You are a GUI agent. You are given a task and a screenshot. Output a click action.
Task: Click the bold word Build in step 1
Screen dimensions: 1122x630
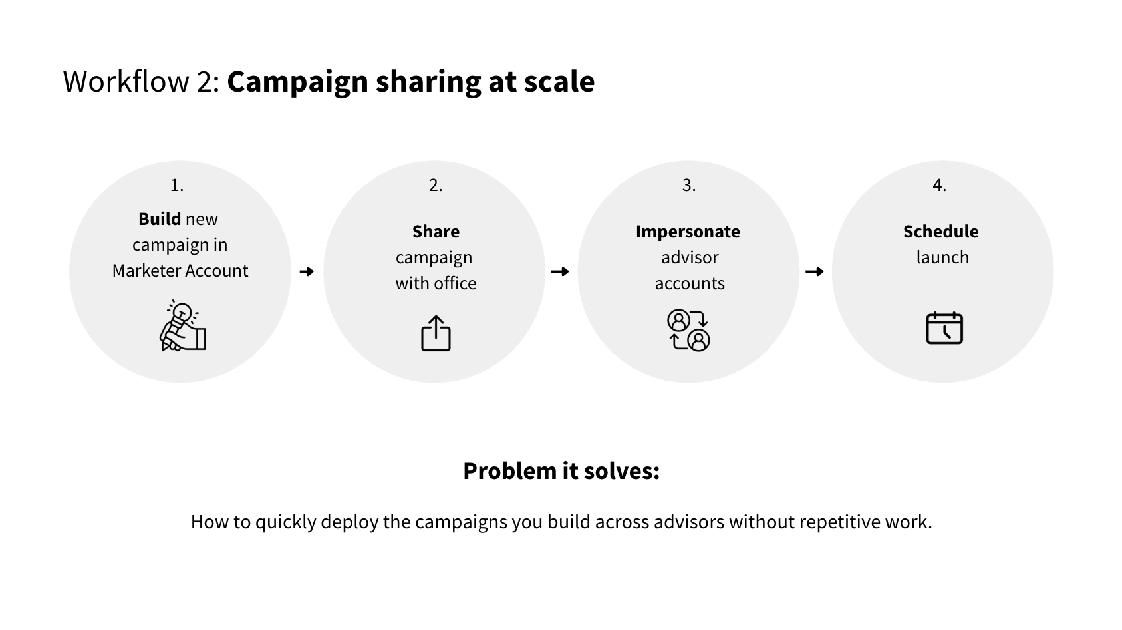pos(159,218)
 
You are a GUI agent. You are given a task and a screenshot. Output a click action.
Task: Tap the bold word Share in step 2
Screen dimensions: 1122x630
pos(436,231)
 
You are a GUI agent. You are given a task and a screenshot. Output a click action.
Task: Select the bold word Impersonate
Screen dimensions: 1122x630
pos(688,232)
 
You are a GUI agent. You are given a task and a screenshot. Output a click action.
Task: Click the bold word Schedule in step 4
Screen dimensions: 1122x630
pos(940,231)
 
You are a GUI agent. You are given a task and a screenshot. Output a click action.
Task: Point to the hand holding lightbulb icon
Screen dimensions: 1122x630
pos(183,326)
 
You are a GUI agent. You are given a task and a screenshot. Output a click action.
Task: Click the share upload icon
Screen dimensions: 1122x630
pos(436,333)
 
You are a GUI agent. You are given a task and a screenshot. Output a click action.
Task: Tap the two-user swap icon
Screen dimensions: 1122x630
pos(689,330)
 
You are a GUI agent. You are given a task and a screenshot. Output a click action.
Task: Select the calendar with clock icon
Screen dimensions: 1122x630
pos(944,328)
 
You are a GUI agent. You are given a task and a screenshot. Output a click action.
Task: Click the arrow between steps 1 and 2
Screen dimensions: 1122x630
pos(307,271)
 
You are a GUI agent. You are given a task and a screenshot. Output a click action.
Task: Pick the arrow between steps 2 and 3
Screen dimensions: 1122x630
pos(559,271)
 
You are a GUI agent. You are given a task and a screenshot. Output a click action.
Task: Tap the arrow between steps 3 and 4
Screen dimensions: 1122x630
pos(815,271)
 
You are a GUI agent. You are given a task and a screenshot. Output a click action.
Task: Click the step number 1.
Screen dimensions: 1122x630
pos(177,185)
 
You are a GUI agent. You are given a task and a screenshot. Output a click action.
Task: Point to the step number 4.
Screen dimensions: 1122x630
pos(939,185)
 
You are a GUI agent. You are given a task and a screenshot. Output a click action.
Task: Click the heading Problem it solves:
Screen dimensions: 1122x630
pos(561,470)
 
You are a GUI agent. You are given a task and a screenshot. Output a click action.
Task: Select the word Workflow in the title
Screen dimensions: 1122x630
pos(126,81)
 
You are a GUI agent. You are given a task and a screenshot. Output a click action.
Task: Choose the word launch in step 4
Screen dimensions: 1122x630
pos(942,257)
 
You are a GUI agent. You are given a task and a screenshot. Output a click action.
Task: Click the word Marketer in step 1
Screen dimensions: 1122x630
pos(145,271)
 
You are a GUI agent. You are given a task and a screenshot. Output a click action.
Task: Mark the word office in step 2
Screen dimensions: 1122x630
pos(456,283)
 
